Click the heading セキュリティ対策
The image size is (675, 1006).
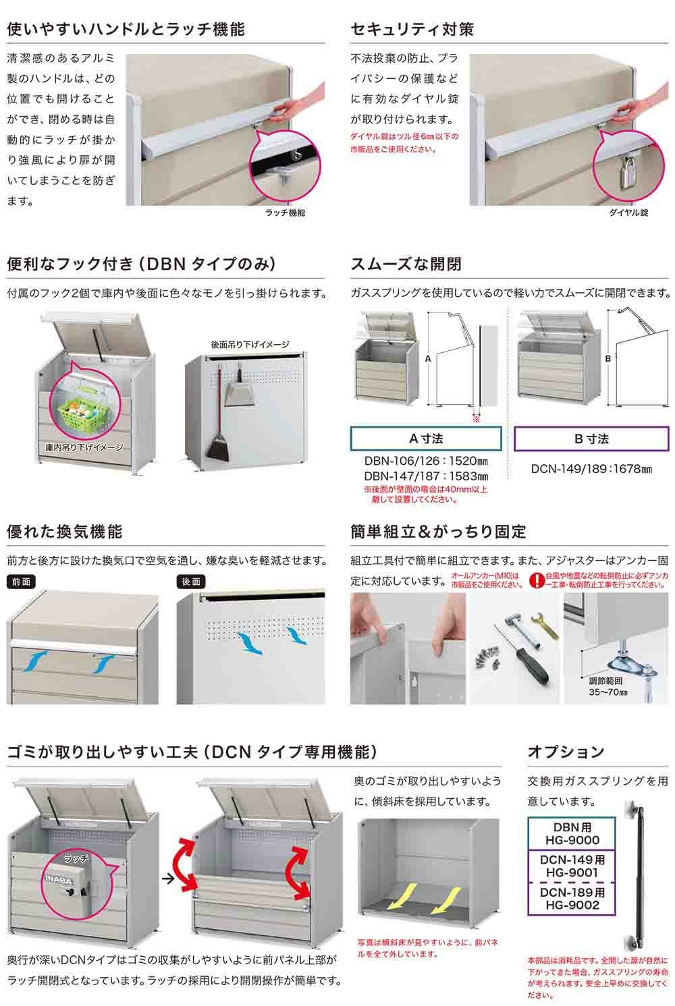[x=412, y=29]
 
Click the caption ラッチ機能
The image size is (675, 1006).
[x=285, y=213]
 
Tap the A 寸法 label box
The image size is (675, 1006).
[x=425, y=439]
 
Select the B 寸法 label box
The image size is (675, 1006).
[x=591, y=439]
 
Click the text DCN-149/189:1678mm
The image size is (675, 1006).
[x=591, y=469]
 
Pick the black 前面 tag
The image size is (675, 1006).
[x=21, y=582]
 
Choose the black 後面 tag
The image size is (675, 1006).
[x=191, y=582]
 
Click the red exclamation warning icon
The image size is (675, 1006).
[x=536, y=580]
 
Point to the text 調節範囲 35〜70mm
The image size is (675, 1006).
[x=607, y=687]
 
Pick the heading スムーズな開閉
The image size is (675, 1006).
[x=406, y=264]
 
